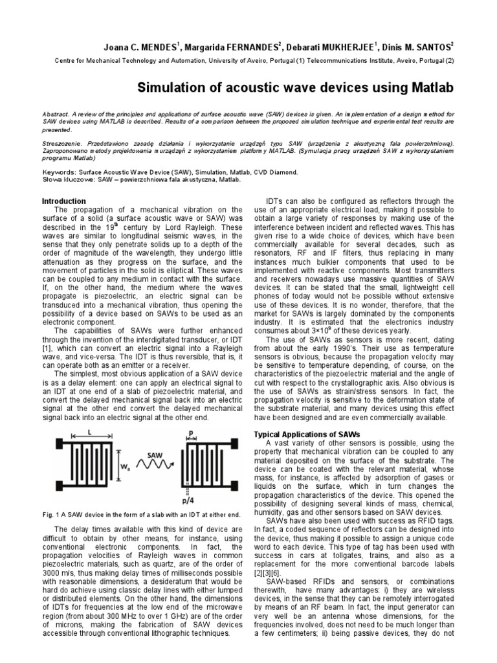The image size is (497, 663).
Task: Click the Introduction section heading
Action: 63,201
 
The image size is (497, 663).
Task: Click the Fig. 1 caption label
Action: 51,514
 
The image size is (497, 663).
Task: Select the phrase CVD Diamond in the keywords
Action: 275,173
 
